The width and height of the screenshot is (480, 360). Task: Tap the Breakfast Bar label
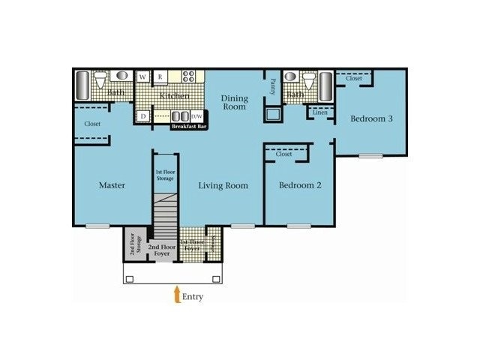tap(189, 127)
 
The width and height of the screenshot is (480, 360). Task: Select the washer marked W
tap(142, 76)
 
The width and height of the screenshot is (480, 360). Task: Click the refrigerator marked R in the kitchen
tap(160, 76)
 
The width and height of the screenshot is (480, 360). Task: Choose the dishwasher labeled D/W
tap(197, 116)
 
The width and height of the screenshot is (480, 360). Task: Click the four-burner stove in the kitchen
tap(188, 76)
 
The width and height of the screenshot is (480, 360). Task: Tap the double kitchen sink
tap(180, 116)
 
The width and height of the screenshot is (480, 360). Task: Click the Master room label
tap(112, 185)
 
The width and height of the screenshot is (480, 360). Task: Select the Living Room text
tap(223, 185)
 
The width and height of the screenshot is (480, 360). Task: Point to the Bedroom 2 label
tap(300, 185)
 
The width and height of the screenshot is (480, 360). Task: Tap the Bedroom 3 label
tap(373, 118)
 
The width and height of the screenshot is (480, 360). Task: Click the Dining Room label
tap(234, 102)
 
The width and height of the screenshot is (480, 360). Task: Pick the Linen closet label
tap(320, 113)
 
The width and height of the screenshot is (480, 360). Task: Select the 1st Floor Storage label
tap(164, 175)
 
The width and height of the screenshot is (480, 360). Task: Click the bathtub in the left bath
tap(82, 86)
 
